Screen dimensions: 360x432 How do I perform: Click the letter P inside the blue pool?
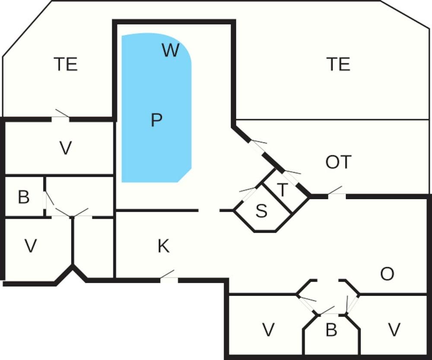click(x=156, y=120)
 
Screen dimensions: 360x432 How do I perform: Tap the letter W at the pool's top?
click(x=170, y=51)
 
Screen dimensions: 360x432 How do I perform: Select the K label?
click(x=163, y=246)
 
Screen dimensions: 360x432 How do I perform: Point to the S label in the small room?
click(x=261, y=211)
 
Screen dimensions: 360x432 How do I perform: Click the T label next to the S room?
click(x=282, y=190)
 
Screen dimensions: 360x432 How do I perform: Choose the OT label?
click(x=338, y=162)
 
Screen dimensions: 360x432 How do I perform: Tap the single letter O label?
click(x=387, y=274)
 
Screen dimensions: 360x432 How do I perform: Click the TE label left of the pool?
click(x=66, y=64)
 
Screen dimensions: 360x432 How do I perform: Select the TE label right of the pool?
click(x=338, y=64)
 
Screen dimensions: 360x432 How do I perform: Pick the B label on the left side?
click(x=23, y=197)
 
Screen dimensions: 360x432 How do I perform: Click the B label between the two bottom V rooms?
click(x=331, y=330)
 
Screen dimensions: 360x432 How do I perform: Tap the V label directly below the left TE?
click(x=65, y=148)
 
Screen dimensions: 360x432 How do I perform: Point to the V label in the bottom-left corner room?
click(x=30, y=246)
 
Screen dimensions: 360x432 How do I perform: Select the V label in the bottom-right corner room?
click(x=394, y=330)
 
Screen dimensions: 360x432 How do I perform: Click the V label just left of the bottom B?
click(x=268, y=330)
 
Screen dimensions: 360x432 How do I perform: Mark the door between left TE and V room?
click(x=60, y=117)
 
